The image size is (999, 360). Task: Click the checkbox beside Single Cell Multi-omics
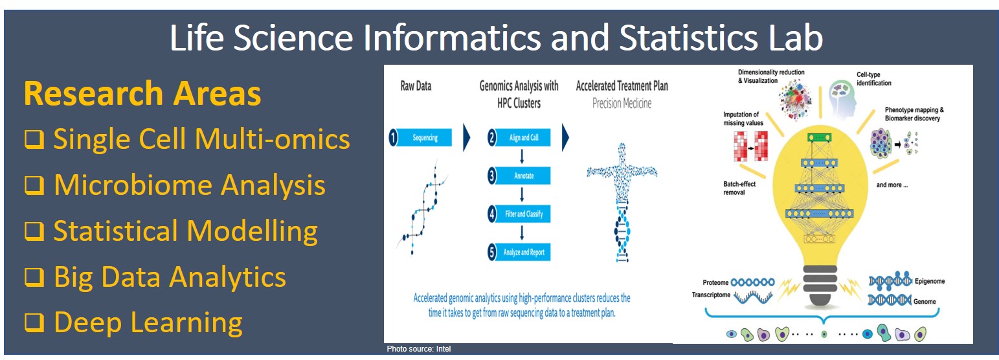pos(34,139)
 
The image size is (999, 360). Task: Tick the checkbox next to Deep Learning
pos(34,322)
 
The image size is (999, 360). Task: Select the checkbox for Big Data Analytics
pos(34,277)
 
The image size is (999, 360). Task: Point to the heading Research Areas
pos(142,93)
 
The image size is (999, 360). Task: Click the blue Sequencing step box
pos(424,137)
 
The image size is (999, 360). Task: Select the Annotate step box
pos(524,175)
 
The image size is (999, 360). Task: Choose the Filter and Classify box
pos(524,214)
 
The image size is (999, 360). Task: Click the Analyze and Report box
pos(524,252)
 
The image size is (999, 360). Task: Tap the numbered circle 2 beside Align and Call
pos(492,137)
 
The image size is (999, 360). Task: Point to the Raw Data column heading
pos(416,85)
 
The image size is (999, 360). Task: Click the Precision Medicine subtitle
pos(622,104)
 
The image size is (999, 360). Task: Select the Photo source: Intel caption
pos(418,349)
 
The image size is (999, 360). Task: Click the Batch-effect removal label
pos(739,188)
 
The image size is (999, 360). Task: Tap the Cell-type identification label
pos(873,78)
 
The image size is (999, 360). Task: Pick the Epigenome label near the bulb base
pos(930,281)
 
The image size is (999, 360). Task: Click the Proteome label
pos(715,282)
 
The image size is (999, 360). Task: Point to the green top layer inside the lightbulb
pos(819,137)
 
